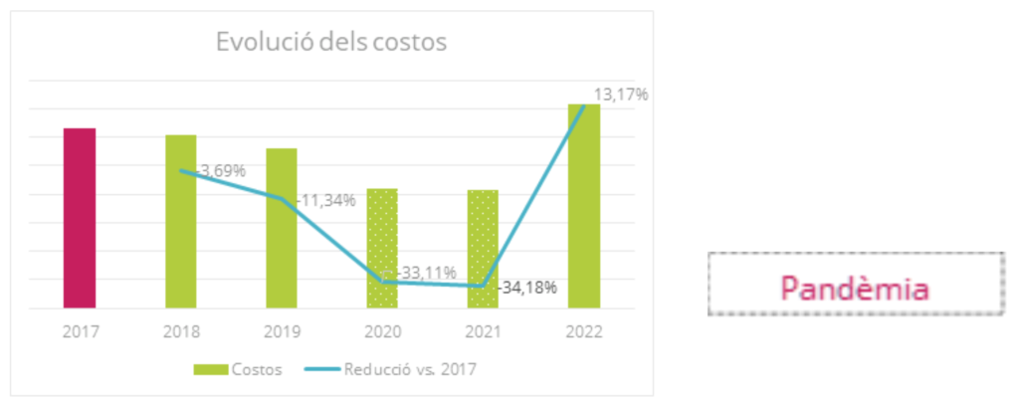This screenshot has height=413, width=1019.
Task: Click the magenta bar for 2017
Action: tap(80, 218)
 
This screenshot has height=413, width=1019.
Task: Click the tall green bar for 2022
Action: tap(584, 206)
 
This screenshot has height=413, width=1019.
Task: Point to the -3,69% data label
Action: tap(221, 170)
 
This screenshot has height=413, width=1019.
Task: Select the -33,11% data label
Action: tap(427, 272)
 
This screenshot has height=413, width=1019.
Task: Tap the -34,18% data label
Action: tap(528, 288)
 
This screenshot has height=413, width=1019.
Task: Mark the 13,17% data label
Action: tap(621, 95)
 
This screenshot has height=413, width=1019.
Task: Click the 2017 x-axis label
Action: tap(80, 331)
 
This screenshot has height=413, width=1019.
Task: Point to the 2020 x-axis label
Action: tap(382, 331)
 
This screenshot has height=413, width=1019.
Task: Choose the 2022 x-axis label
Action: tap(584, 331)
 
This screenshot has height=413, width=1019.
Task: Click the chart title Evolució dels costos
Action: tap(331, 43)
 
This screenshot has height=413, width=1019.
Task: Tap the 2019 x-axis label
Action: tap(282, 331)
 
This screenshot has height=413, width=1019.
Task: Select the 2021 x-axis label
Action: tap(483, 331)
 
